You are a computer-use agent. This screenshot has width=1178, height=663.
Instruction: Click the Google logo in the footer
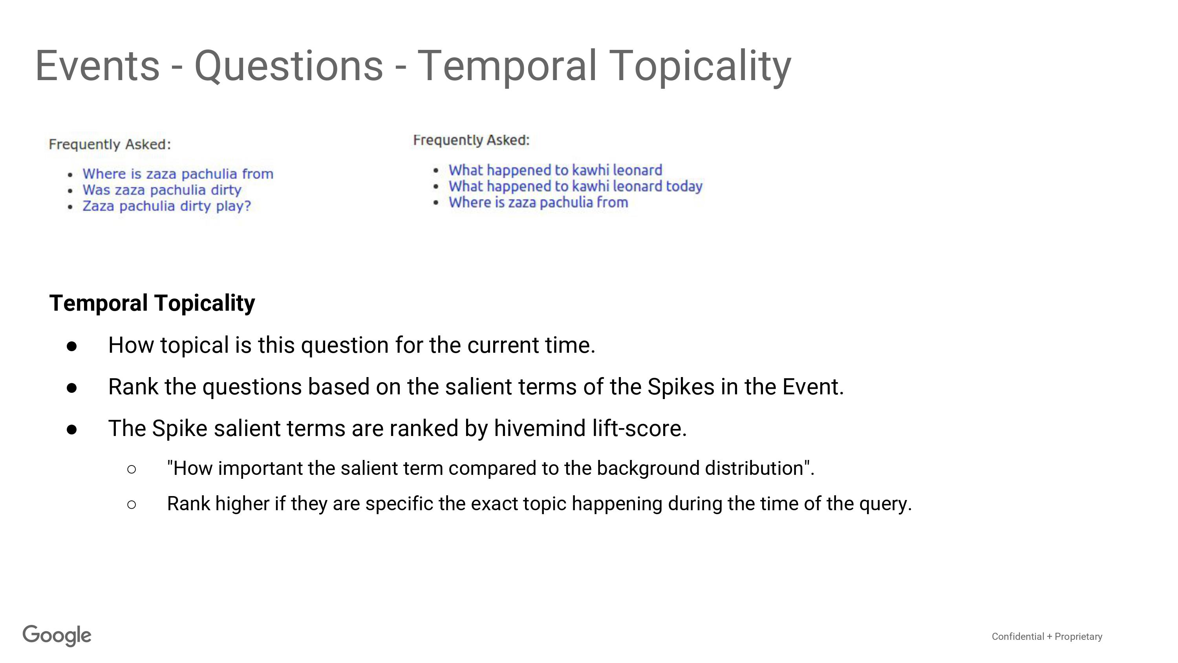57,636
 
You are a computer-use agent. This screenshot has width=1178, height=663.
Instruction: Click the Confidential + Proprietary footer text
1047,636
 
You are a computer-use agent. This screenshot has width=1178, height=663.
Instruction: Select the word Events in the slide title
97,66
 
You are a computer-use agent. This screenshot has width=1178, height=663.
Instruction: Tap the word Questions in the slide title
289,66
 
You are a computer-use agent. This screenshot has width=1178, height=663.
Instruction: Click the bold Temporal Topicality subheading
152,303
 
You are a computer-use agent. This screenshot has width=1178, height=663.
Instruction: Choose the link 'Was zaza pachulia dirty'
162,190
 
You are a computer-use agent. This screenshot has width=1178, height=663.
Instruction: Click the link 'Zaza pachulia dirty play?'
167,206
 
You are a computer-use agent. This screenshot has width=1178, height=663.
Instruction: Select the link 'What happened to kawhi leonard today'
576,186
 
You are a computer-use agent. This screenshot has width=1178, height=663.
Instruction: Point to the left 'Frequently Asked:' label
110,145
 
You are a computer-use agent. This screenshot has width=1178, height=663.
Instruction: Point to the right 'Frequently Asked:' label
472,140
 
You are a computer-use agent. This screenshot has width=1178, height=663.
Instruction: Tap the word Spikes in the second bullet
681,387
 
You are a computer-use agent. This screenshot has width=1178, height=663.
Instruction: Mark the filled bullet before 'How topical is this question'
72,346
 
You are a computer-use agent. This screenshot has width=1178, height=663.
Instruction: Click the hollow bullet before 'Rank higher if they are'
131,505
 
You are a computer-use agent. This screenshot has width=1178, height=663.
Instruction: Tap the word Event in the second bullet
812,387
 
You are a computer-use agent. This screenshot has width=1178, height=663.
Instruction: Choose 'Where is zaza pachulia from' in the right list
538,202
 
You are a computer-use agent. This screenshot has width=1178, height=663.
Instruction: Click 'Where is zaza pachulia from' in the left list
178,174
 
